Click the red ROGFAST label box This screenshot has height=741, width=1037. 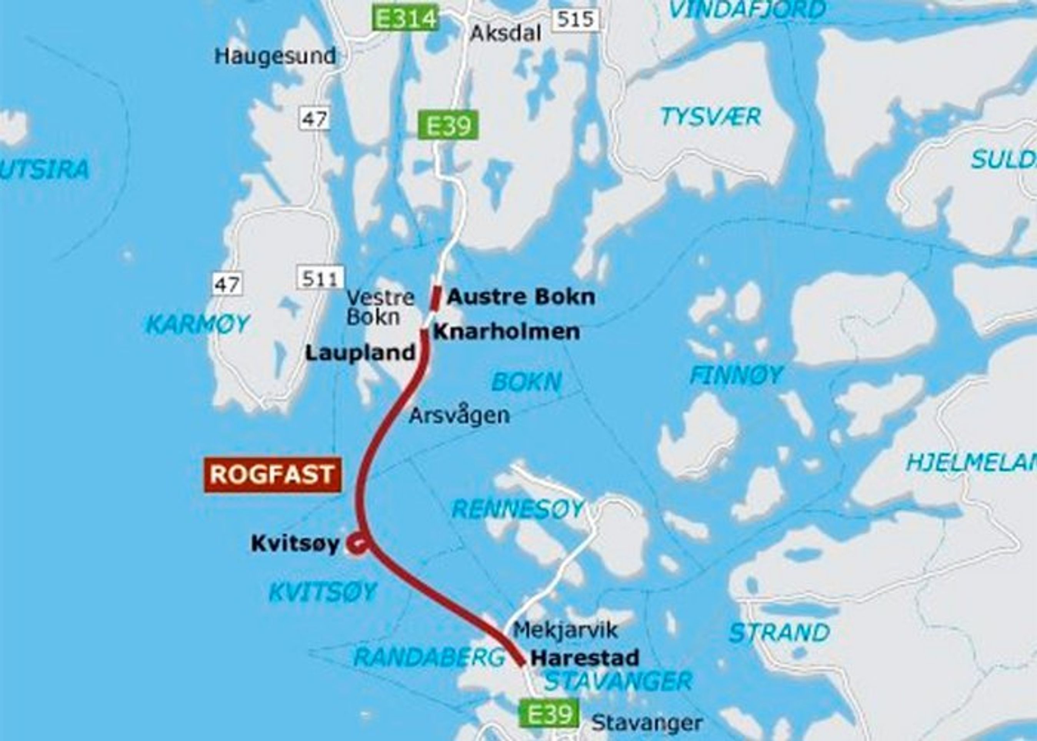[272, 475]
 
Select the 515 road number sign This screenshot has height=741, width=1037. [576, 20]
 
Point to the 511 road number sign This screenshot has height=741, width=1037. [320, 278]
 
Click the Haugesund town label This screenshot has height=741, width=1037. [275, 57]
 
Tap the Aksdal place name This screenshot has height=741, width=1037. [505, 33]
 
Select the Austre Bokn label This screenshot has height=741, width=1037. [521, 297]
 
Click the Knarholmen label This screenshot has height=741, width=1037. [507, 332]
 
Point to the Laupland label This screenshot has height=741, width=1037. [360, 353]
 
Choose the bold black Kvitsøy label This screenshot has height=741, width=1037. [295, 544]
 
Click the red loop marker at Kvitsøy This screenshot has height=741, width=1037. [356, 544]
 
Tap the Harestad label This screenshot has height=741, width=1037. [584, 658]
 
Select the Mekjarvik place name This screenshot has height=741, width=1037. [565, 630]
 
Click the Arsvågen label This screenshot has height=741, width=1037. [459, 415]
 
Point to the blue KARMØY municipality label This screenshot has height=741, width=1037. [197, 324]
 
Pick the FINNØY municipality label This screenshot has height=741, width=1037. [736, 376]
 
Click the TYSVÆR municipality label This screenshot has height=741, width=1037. [711, 117]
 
